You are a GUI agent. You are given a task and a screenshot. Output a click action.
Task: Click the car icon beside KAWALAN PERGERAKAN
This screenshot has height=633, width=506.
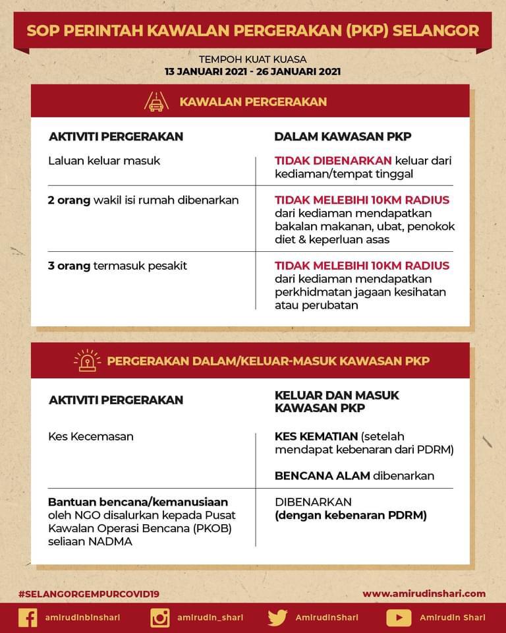(156, 102)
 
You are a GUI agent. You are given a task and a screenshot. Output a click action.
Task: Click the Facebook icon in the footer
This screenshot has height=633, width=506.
(28, 618)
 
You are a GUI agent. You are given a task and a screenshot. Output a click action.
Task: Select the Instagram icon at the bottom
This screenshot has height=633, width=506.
(160, 618)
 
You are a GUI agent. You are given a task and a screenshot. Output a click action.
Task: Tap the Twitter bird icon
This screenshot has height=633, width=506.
(277, 618)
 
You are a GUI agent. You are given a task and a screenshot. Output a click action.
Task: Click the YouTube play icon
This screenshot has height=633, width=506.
(399, 618)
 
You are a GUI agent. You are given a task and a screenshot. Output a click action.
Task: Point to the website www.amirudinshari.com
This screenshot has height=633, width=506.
(424, 593)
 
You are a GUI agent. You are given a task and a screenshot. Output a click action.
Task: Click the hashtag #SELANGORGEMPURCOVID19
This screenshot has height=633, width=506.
(89, 593)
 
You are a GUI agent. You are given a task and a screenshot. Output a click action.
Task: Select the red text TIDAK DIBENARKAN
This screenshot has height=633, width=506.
(333, 160)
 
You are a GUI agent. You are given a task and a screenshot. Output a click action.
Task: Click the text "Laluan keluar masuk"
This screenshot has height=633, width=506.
(104, 160)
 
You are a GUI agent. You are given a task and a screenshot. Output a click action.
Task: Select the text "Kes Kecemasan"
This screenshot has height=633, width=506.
(91, 436)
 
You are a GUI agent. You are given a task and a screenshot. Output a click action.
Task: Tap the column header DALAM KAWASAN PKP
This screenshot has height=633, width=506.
(343, 136)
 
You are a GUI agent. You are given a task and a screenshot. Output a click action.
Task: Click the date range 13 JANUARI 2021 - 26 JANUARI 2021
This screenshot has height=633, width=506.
(253, 72)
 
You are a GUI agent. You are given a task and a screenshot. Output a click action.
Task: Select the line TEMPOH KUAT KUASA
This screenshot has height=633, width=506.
(253, 59)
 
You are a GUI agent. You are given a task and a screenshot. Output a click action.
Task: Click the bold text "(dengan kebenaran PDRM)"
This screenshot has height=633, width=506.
(351, 515)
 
